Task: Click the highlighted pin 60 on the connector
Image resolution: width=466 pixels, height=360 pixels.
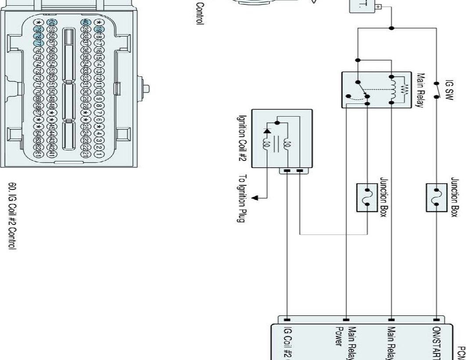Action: point(53,22)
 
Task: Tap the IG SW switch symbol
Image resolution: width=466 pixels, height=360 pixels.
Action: point(436,89)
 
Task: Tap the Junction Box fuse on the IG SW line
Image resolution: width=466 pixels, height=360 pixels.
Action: point(436,198)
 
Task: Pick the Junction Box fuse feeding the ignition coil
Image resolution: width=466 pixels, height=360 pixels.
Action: point(368,198)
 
